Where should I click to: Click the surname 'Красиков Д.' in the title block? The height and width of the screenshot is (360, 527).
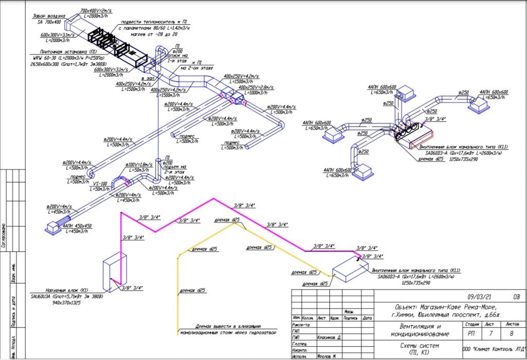pyautogui.click(x=328, y=337)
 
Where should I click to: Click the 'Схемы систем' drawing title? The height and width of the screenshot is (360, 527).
pyautogui.click(x=418, y=346)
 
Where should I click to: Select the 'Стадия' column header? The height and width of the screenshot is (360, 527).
pyautogui.click(x=472, y=325)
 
